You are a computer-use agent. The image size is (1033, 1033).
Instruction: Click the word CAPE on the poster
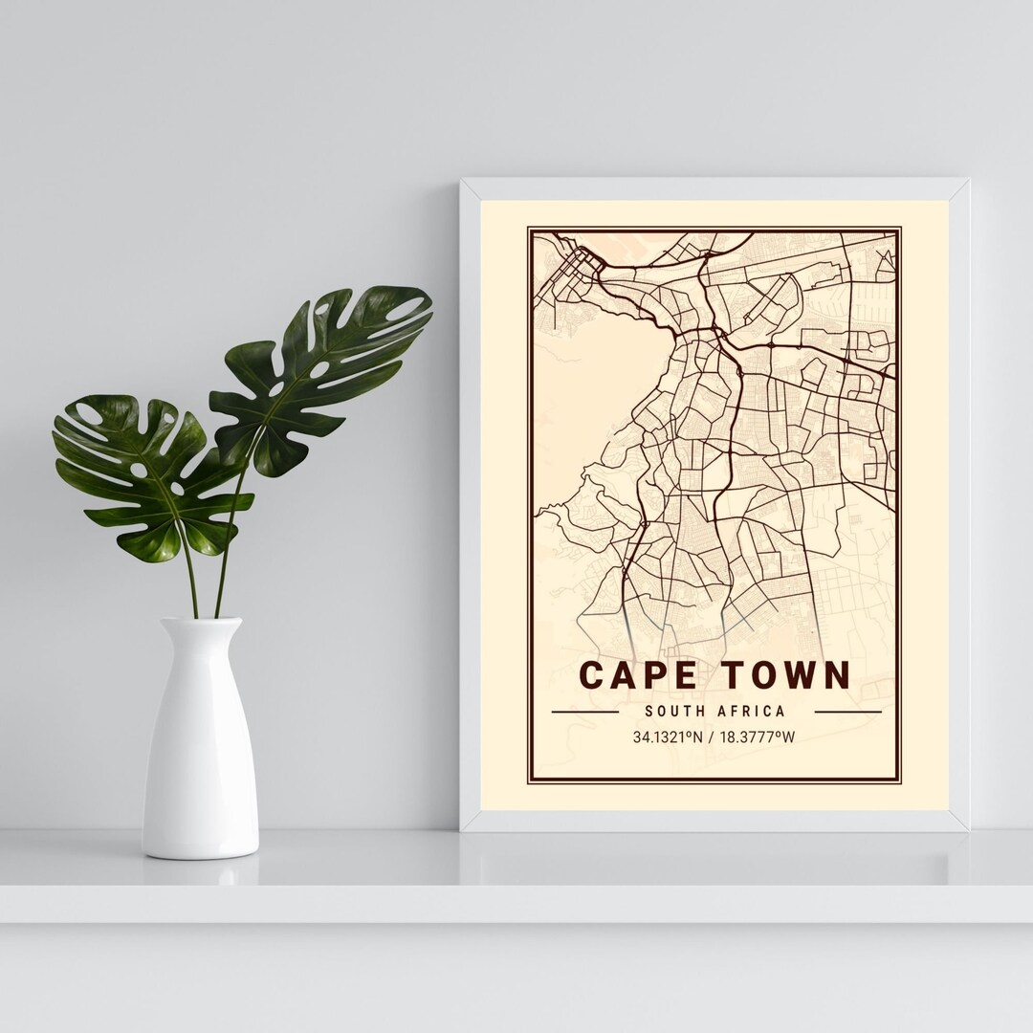(x=634, y=674)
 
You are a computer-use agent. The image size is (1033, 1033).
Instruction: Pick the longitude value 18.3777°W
(x=761, y=737)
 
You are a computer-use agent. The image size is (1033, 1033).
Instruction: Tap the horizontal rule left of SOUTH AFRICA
(x=584, y=713)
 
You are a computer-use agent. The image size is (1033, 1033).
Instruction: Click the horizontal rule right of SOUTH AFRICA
(x=846, y=713)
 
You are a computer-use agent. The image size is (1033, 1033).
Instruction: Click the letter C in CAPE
(x=594, y=674)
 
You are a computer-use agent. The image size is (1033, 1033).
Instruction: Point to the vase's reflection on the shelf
(x=201, y=873)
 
